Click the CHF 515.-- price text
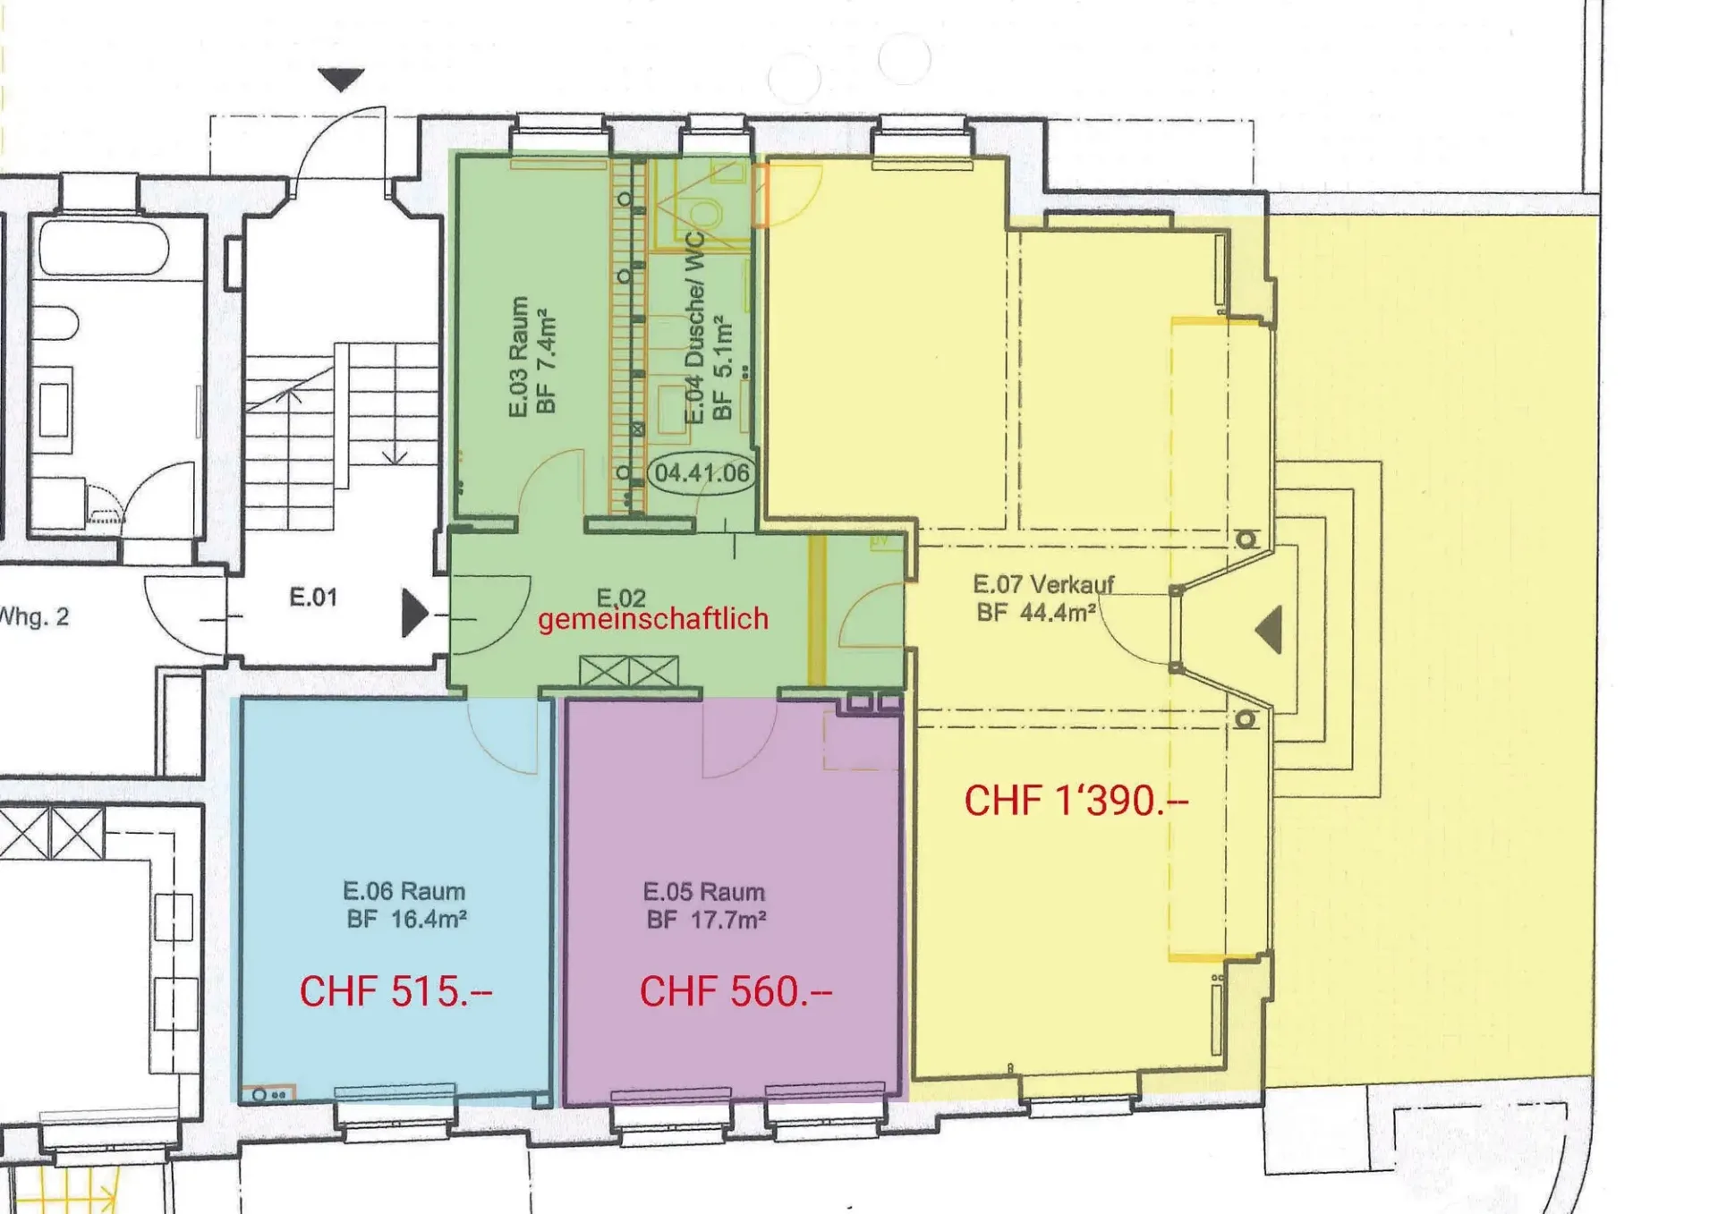(395, 991)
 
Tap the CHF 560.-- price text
(736, 991)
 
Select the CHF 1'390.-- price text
(1076, 801)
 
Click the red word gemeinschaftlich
(653, 619)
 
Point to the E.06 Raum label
(404, 891)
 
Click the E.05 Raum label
(704, 892)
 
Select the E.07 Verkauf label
(1043, 585)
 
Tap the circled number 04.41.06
(702, 472)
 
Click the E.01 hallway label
(313, 597)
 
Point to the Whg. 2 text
(34, 616)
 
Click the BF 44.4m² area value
(1036, 613)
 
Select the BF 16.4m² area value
(407, 919)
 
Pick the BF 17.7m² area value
(707, 920)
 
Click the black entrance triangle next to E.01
(414, 613)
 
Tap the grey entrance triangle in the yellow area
(1270, 629)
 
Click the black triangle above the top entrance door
(341, 79)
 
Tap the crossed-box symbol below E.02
(629, 671)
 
